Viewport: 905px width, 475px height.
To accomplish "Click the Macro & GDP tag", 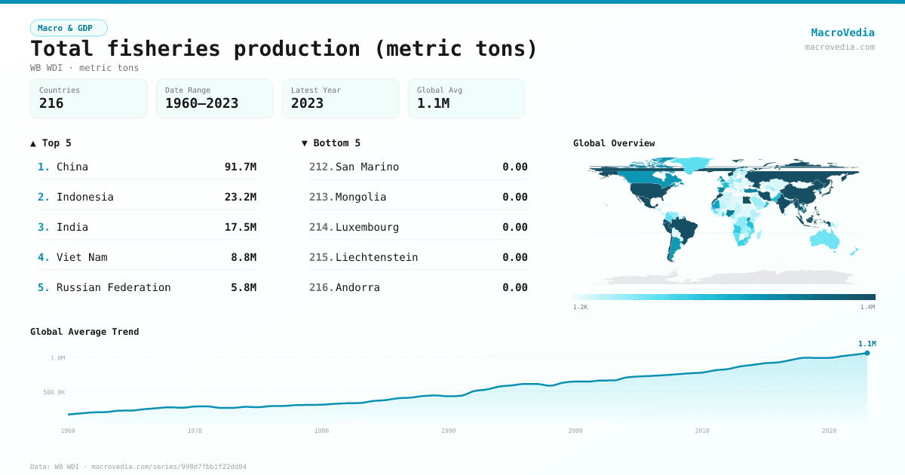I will pyautogui.click(x=69, y=28).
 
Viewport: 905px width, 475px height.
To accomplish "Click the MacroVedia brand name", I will pyautogui.click(x=842, y=32).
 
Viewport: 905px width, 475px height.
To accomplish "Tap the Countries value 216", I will pyautogui.click(x=51, y=103).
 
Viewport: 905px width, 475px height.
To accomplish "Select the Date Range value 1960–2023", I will pyautogui.click(x=201, y=103).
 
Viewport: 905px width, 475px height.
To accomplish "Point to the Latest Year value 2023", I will pyautogui.click(x=307, y=103).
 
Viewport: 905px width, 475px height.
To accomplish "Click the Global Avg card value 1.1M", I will pyautogui.click(x=433, y=103).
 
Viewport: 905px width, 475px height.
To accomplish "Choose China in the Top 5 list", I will pyautogui.click(x=72, y=167).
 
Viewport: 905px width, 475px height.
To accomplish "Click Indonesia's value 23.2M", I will pyautogui.click(x=240, y=197).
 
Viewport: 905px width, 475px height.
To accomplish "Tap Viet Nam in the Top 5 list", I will pyautogui.click(x=82, y=257).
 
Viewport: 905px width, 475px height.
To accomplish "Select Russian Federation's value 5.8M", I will pyautogui.click(x=243, y=287).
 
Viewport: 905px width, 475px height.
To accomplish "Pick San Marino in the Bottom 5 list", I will pyautogui.click(x=367, y=167).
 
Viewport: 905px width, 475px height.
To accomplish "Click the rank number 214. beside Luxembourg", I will pyautogui.click(x=321, y=227).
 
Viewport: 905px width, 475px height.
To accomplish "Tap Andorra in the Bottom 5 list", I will pyautogui.click(x=357, y=287).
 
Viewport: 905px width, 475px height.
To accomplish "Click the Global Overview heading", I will pyautogui.click(x=614, y=143).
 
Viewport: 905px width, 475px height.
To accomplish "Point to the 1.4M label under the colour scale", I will pyautogui.click(x=867, y=307).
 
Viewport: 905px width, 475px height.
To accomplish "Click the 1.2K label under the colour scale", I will pyautogui.click(x=580, y=307).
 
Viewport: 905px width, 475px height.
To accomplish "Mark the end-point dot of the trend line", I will pyautogui.click(x=867, y=353).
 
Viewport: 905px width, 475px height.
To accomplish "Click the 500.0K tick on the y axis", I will pyautogui.click(x=54, y=392).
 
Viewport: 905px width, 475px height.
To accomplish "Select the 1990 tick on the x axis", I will pyautogui.click(x=449, y=431).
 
